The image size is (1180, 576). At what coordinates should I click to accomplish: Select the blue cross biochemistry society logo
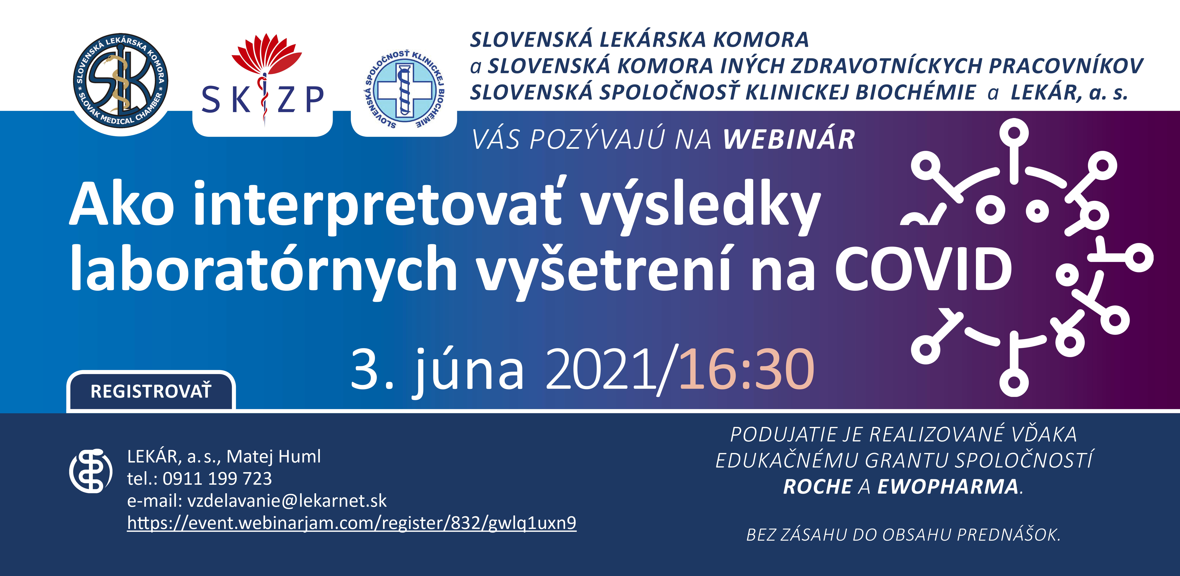(x=404, y=89)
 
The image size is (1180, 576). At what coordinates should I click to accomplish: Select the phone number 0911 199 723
(x=217, y=478)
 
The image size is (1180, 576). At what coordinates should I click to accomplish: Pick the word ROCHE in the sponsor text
(x=818, y=486)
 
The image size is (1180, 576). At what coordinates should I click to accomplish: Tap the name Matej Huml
(x=273, y=457)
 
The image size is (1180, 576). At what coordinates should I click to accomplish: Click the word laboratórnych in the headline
(x=263, y=269)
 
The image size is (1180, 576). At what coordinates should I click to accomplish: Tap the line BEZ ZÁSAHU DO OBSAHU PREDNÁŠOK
(x=903, y=535)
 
